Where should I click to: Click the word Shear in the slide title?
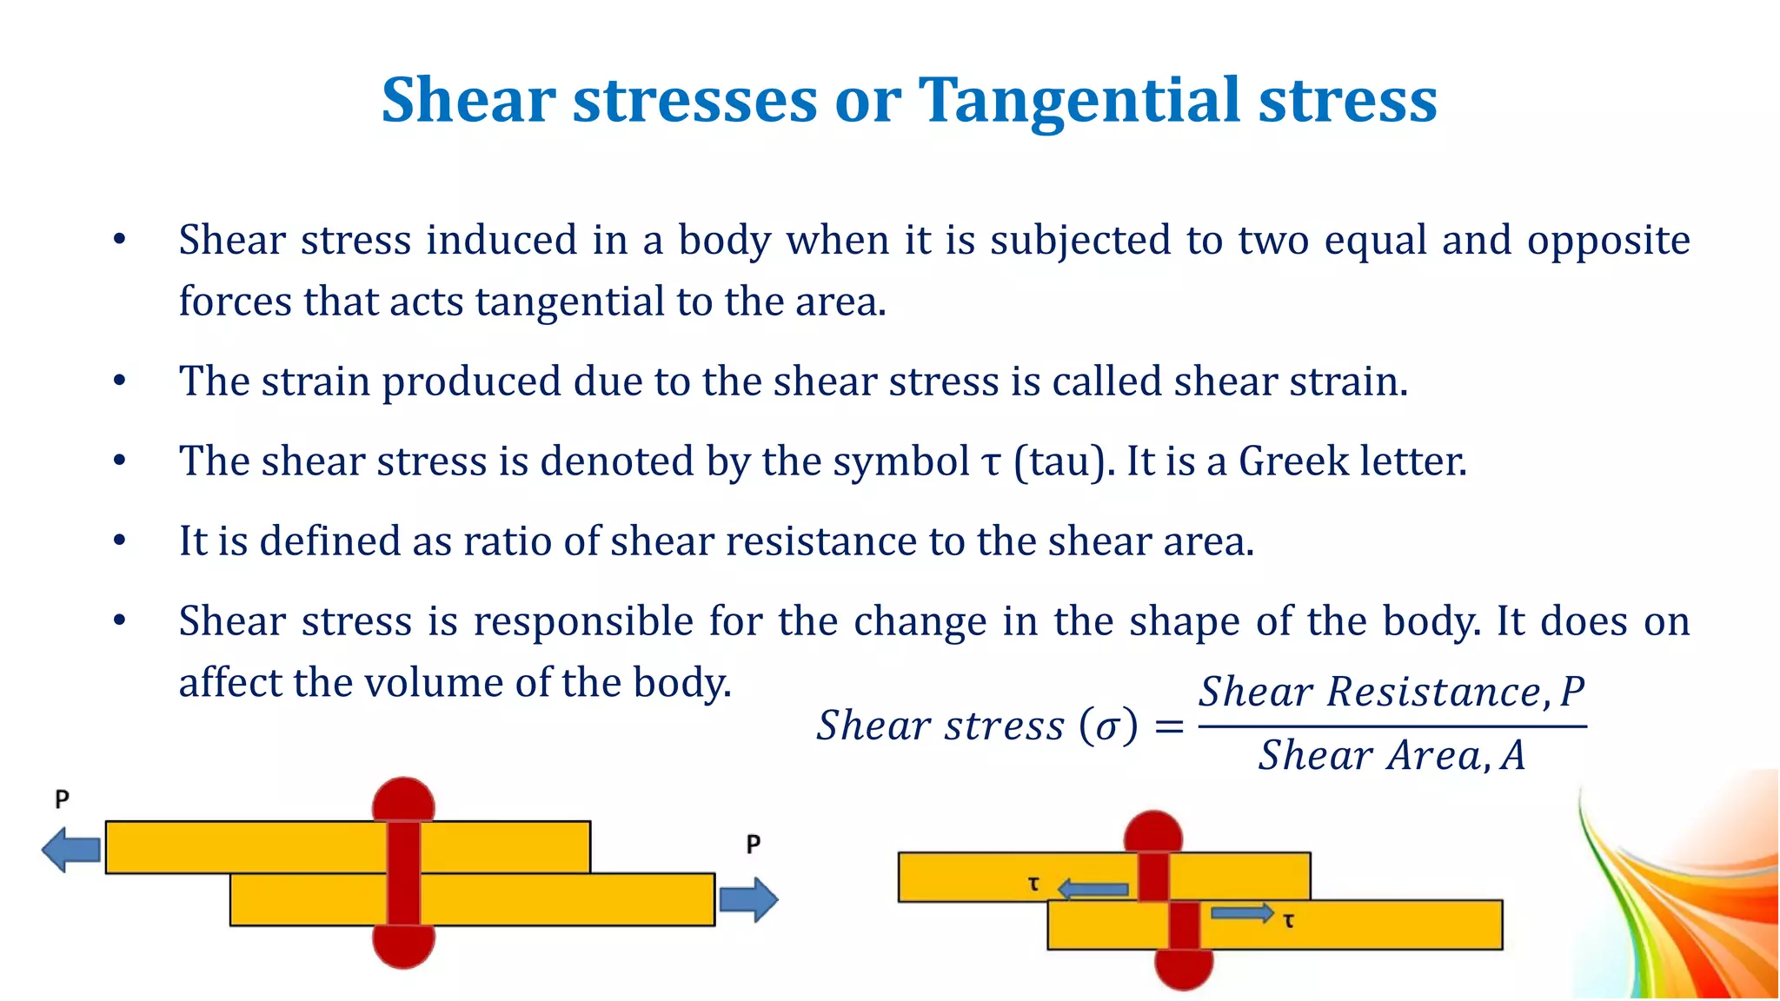click(x=468, y=101)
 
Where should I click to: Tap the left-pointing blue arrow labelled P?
click(x=71, y=849)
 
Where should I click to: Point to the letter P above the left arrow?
click(x=62, y=799)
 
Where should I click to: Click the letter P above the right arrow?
click(x=753, y=844)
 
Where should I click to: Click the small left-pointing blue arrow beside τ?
click(x=1093, y=889)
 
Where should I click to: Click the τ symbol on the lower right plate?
click(x=1288, y=920)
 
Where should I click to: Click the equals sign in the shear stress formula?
click(x=1169, y=726)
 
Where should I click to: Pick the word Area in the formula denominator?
click(x=1434, y=755)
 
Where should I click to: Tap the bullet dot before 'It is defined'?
click(x=120, y=541)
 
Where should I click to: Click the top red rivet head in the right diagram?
click(x=1153, y=832)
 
